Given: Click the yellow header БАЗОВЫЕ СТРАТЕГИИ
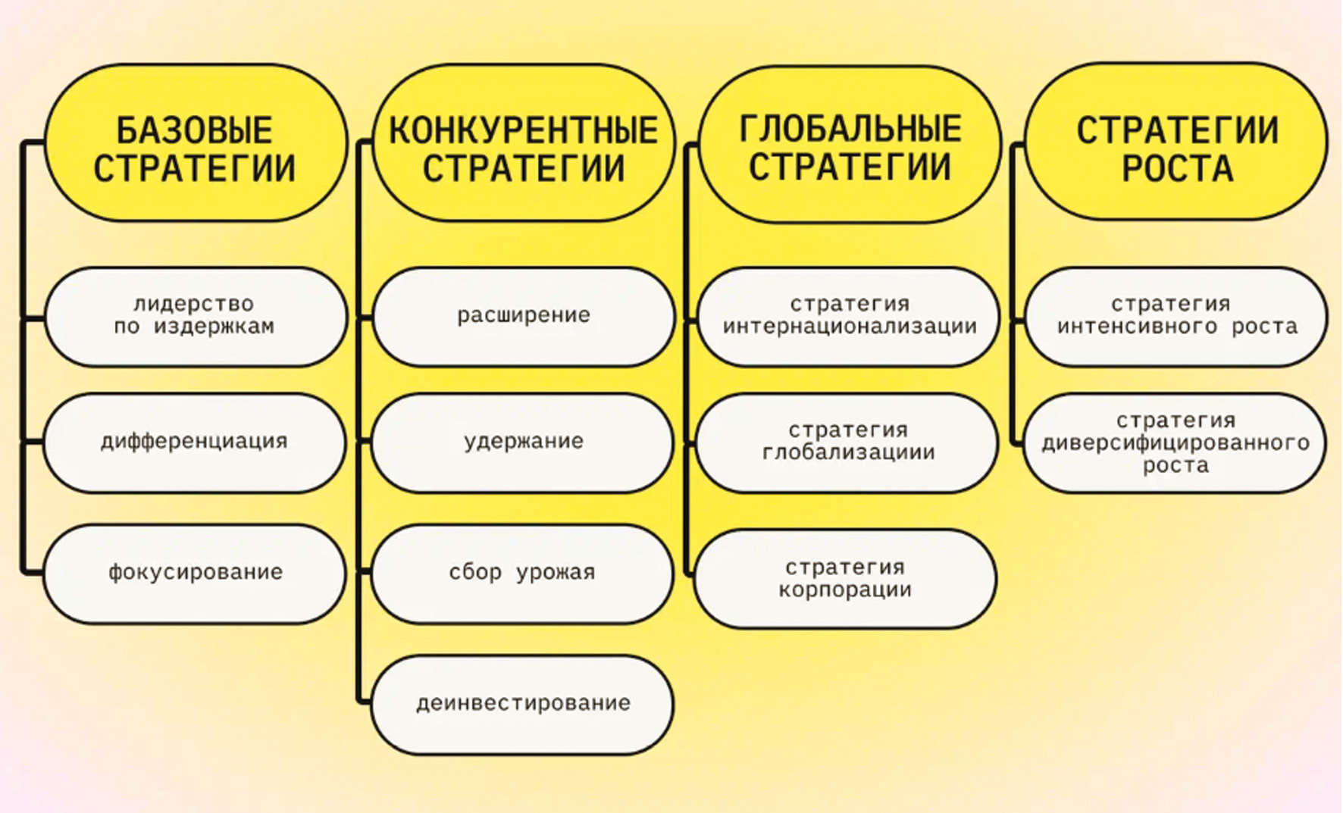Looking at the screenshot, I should pos(196,144).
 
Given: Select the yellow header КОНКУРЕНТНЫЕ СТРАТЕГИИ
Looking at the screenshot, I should pos(524,144).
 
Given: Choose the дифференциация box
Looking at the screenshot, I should pos(194,442).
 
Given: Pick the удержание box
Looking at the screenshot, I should pos(523,442).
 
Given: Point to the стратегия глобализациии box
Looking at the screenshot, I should pos(847,442).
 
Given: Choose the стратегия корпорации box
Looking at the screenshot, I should pos(845,579).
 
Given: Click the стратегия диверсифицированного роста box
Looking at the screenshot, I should pos(1175,442).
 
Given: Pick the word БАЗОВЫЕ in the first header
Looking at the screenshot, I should pos(194,130).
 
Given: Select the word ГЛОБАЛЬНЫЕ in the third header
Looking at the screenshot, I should pos(850,129).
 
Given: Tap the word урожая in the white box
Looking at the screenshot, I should pos(556,573).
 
